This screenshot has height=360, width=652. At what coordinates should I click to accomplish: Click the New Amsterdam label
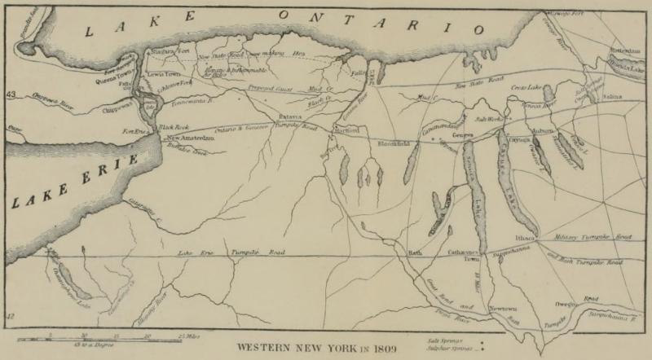point(192,138)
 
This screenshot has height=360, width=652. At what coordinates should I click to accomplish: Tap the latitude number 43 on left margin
point(10,97)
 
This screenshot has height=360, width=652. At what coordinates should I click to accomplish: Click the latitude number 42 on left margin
point(10,315)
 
